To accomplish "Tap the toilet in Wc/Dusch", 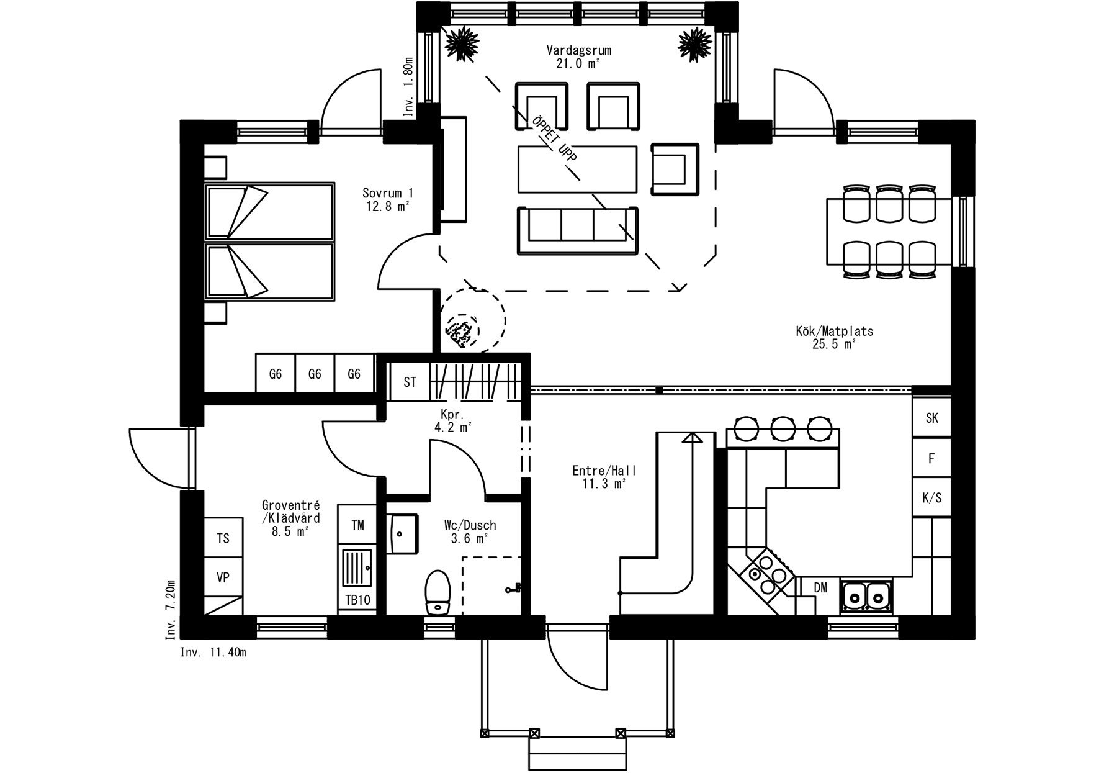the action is pos(438,593).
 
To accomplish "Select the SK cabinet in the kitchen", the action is pos(931,418).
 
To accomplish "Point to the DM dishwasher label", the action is pos(820,587).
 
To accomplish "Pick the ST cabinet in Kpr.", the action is pos(409,382).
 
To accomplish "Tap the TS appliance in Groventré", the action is pos(223,538).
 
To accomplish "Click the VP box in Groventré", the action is pos(223,577).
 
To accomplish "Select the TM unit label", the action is pos(357,525).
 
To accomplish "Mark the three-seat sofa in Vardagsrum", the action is pos(578,230).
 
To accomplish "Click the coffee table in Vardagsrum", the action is pos(578,170).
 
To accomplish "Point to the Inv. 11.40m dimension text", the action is pos(213,653).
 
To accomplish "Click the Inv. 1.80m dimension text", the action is pos(408,88).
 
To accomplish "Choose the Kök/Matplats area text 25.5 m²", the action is pos(834,345).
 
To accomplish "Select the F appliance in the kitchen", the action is pos(931,458).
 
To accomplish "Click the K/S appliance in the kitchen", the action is pos(931,497).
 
